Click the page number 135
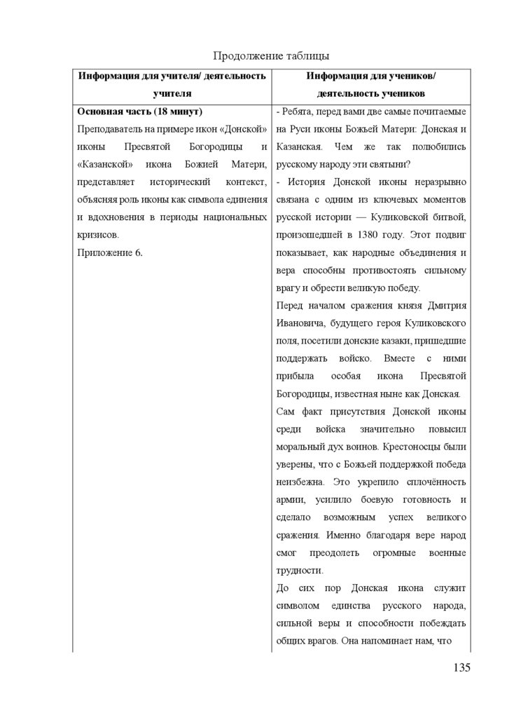click(x=461, y=667)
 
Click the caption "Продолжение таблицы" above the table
click(x=270, y=55)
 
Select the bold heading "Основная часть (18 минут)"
click(x=139, y=111)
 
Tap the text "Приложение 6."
click(x=110, y=252)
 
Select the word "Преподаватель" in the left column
click(x=111, y=129)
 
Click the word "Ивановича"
click(x=300, y=323)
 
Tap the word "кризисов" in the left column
click(x=99, y=234)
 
